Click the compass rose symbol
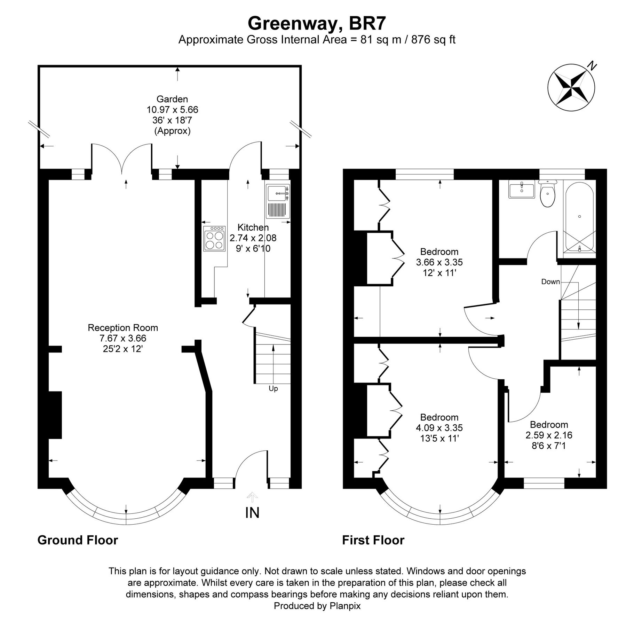[x=571, y=87]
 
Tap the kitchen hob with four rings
[x=214, y=239]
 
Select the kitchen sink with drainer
[x=278, y=201]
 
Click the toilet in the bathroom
[x=548, y=194]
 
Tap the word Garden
[x=172, y=99]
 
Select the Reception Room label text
[x=123, y=327]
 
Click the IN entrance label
[x=252, y=513]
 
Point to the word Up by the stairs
[x=273, y=388]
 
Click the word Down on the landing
[x=550, y=281]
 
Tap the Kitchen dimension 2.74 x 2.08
[x=253, y=238]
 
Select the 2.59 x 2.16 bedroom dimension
[x=549, y=435]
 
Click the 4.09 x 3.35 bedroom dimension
[x=439, y=427]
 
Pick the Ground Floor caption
[x=78, y=540]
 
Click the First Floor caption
[x=373, y=540]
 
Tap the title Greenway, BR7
[x=317, y=23]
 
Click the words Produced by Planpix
[x=317, y=606]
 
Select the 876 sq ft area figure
[x=433, y=40]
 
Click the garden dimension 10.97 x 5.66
[x=172, y=110]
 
